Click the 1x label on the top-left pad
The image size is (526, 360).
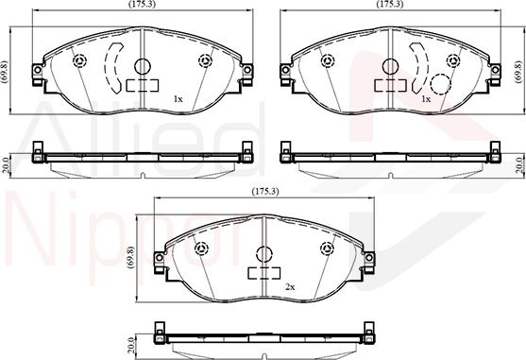178,97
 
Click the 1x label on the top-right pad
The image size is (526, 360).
426,97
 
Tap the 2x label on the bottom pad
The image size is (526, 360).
290,286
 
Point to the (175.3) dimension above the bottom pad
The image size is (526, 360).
264,193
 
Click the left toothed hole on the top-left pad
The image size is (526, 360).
79,61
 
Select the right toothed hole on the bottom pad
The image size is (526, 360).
328,249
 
